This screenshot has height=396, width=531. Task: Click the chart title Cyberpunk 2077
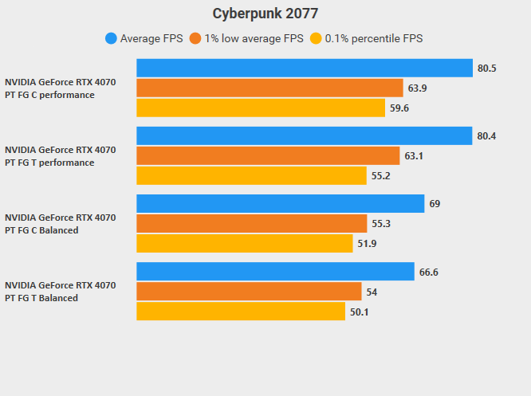[x=265, y=14]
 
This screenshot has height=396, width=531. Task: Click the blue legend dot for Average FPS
[x=111, y=38]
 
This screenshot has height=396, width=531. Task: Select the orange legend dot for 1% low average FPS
[x=195, y=38]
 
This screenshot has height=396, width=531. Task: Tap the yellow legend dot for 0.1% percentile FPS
[x=316, y=38]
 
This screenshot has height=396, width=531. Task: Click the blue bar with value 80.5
[x=305, y=68]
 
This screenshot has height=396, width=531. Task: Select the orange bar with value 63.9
[x=269, y=88]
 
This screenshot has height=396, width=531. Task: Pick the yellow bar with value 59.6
[x=261, y=108]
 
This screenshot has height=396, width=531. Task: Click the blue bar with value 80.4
[x=305, y=135]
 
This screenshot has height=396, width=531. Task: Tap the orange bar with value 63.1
[x=268, y=155]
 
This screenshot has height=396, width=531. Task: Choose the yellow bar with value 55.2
[x=251, y=175]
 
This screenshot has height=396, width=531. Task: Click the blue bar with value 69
[x=280, y=204]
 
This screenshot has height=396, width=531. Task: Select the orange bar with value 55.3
[x=252, y=224]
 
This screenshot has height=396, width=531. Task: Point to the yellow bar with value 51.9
[x=245, y=244]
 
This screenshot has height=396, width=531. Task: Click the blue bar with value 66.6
[x=275, y=272]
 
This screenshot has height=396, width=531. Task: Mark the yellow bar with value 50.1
[x=241, y=312]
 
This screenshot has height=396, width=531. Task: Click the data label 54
[x=372, y=292]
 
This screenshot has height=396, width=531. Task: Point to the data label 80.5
[x=487, y=68]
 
